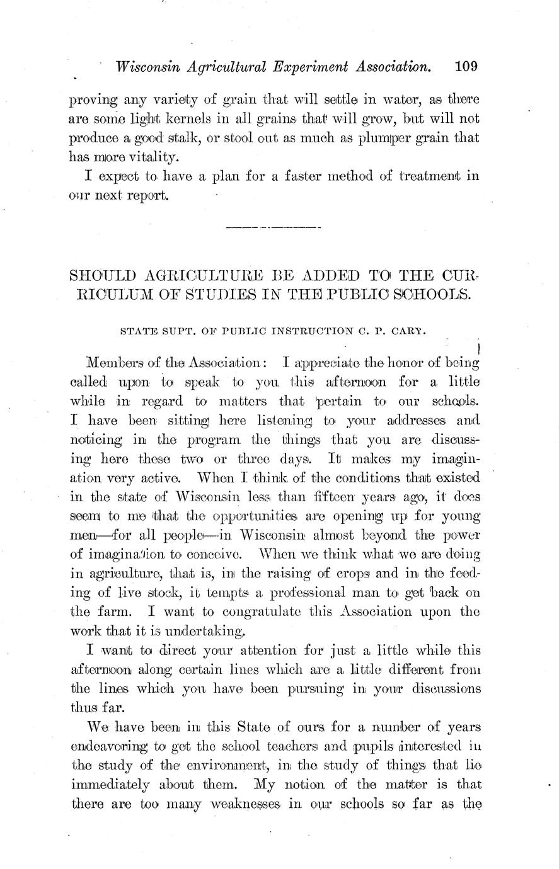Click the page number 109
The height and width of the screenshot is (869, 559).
(x=466, y=65)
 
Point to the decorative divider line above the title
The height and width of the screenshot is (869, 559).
(x=273, y=226)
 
